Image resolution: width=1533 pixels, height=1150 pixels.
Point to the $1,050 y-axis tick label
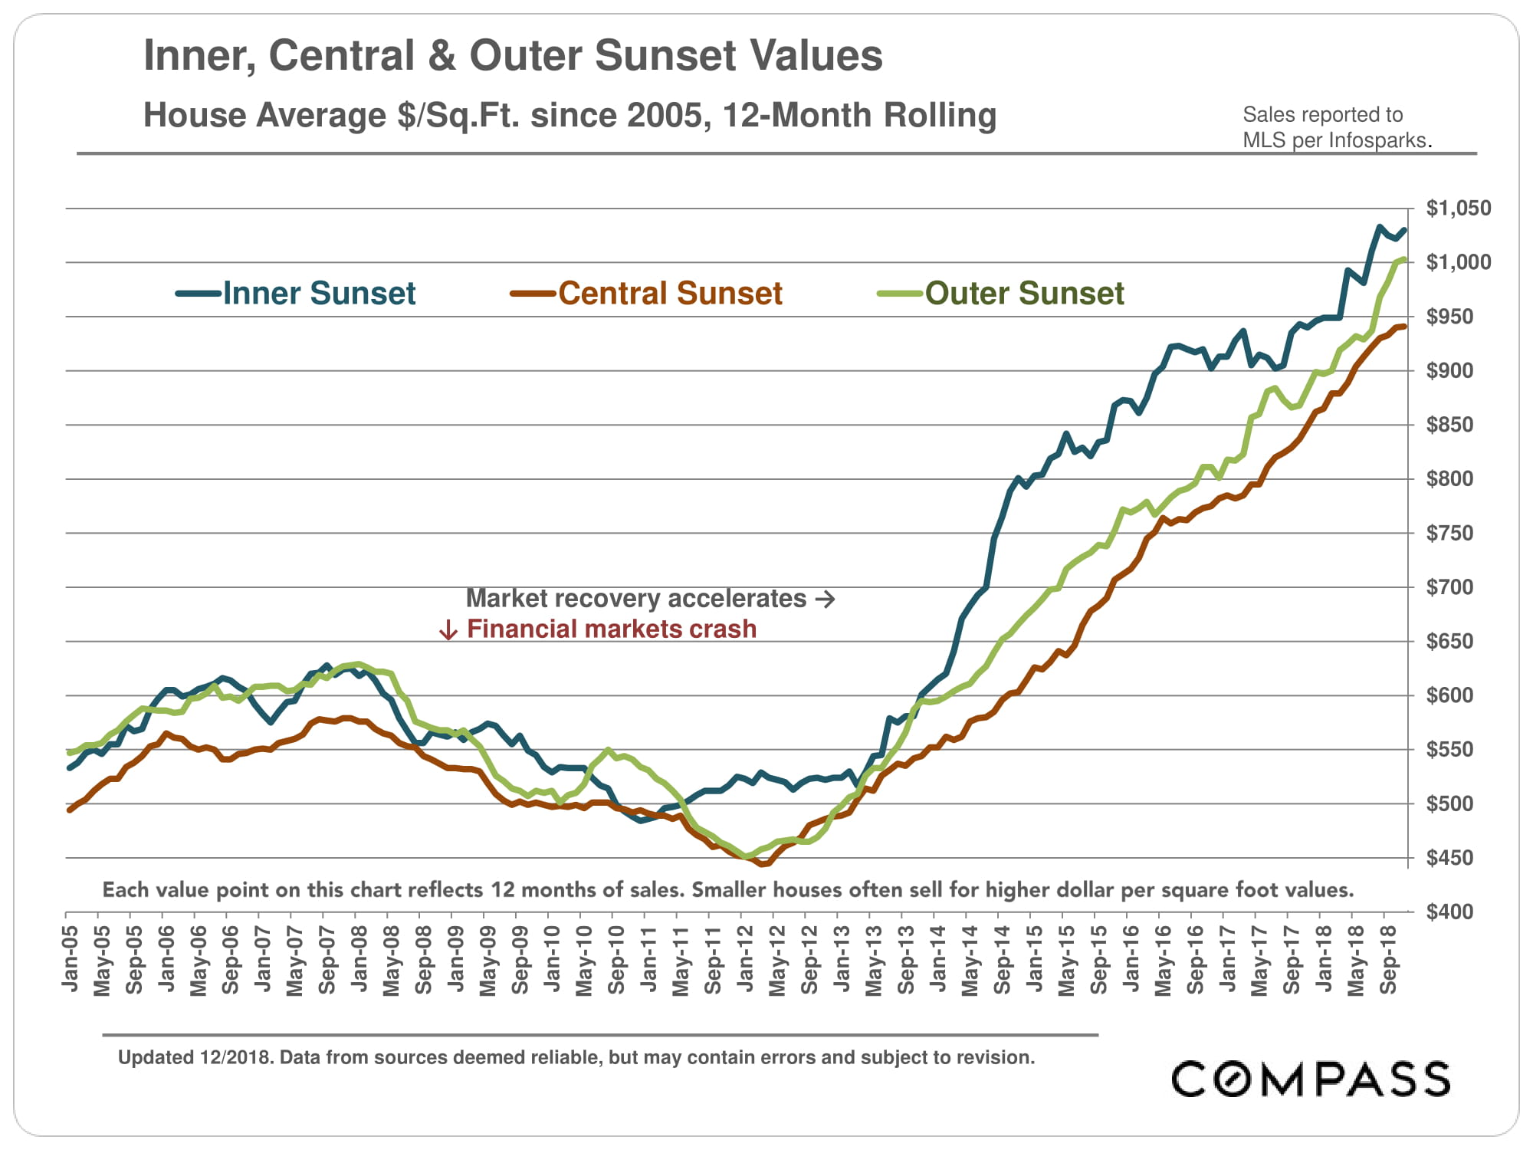coord(1458,209)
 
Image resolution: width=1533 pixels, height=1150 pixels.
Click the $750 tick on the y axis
coord(1449,533)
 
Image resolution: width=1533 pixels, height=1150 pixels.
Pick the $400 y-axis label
coord(1449,912)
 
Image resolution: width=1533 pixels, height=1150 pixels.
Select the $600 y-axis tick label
coord(1449,695)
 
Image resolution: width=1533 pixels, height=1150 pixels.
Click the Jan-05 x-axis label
coord(71,958)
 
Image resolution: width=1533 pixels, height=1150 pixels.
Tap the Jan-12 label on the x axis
coord(745,958)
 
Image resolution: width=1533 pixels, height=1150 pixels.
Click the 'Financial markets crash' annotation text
coord(611,629)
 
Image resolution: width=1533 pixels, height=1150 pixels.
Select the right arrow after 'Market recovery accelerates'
coord(826,599)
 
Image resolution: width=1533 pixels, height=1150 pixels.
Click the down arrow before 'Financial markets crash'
coord(448,630)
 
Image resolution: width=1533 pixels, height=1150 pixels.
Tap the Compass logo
coord(1310,1079)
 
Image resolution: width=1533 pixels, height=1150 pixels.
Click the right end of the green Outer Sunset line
coord(1403,260)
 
